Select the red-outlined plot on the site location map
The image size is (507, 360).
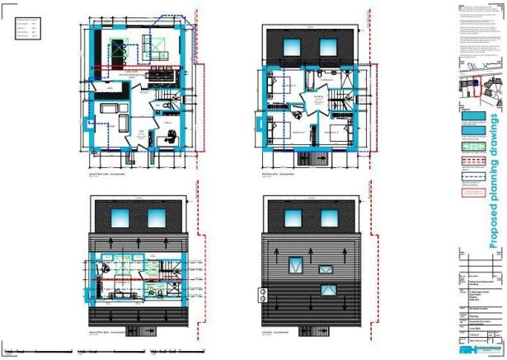point(476,86)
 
